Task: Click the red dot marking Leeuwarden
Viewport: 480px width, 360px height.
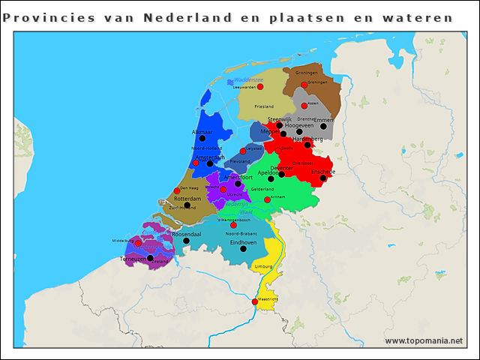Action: pyautogui.click(x=260, y=87)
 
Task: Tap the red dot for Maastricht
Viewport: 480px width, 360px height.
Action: pyautogui.click(x=255, y=301)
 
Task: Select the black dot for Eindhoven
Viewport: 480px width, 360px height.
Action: pyautogui.click(x=243, y=249)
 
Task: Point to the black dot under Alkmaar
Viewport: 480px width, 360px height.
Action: pyautogui.click(x=202, y=139)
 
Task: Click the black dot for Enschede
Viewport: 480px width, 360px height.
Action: pyautogui.click(x=322, y=178)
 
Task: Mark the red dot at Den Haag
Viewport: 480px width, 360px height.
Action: pyautogui.click(x=177, y=190)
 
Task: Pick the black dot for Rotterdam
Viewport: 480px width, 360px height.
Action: pyautogui.click(x=187, y=205)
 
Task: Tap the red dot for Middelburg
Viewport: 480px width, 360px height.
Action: pyautogui.click(x=138, y=243)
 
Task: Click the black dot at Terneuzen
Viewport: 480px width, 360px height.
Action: pyautogui.click(x=150, y=258)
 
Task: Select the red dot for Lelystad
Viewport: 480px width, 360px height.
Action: pyautogui.click(x=242, y=151)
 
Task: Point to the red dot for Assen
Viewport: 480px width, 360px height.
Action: pyautogui.click(x=304, y=106)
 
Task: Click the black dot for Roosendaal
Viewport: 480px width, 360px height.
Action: pyautogui.click(x=186, y=241)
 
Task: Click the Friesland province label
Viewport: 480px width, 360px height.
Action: pyautogui.click(x=264, y=106)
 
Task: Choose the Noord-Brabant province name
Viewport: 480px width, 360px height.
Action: pyautogui.click(x=241, y=234)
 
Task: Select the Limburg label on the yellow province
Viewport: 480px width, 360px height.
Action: pyautogui.click(x=263, y=266)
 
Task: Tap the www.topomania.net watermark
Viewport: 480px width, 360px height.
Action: pyautogui.click(x=424, y=341)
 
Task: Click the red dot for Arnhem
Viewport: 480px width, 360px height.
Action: pyautogui.click(x=268, y=199)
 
